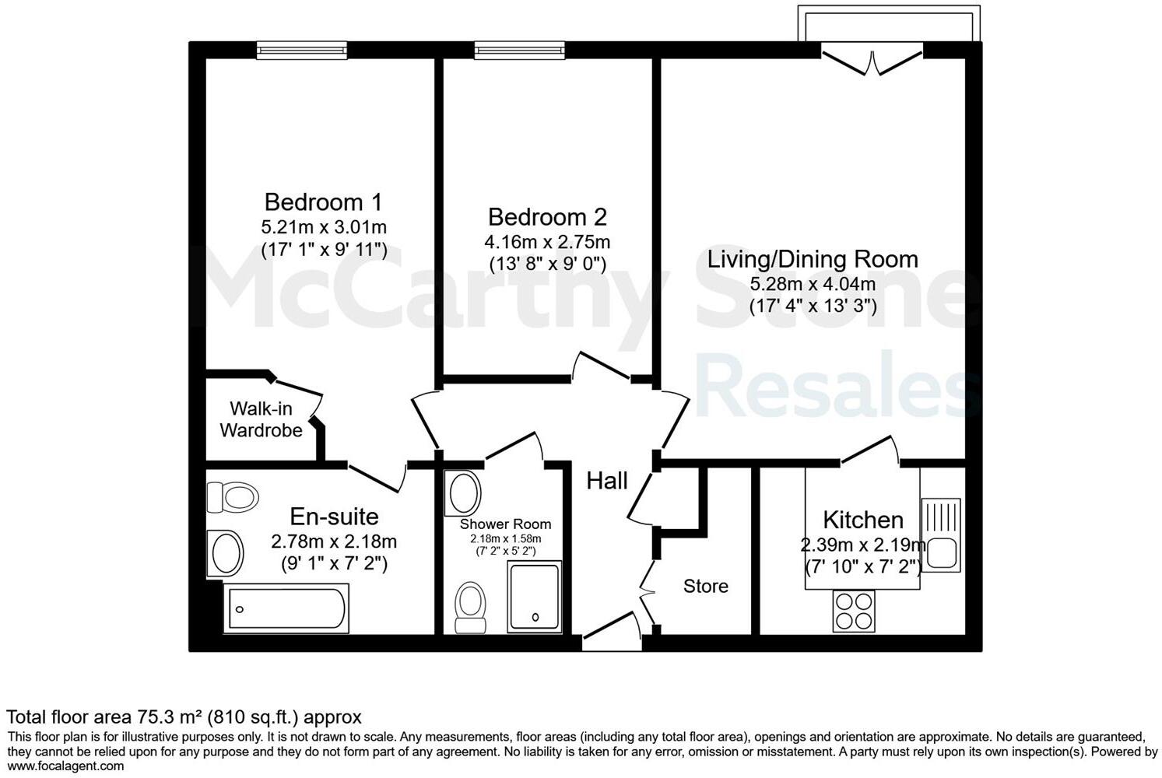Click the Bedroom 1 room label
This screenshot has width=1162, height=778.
323,202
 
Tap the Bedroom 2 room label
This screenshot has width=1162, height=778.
547,216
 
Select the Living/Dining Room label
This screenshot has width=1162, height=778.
813,259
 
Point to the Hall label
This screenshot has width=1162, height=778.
607,481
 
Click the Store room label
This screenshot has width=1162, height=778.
706,586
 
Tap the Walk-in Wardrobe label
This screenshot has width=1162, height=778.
261,419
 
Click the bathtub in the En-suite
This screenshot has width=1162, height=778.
287,608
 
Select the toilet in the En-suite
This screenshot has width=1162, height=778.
232,496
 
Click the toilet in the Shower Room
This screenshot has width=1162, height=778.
469,606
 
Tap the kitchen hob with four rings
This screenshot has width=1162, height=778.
854,611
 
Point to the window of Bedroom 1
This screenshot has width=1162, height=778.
302,50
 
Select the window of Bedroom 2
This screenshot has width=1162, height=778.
519,50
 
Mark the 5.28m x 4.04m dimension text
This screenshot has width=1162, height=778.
813,284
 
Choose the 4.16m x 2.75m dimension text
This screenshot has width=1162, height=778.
547,242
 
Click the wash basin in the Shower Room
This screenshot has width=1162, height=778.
465,493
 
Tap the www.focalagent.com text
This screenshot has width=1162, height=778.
65,766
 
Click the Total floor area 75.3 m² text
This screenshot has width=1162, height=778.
184,717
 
